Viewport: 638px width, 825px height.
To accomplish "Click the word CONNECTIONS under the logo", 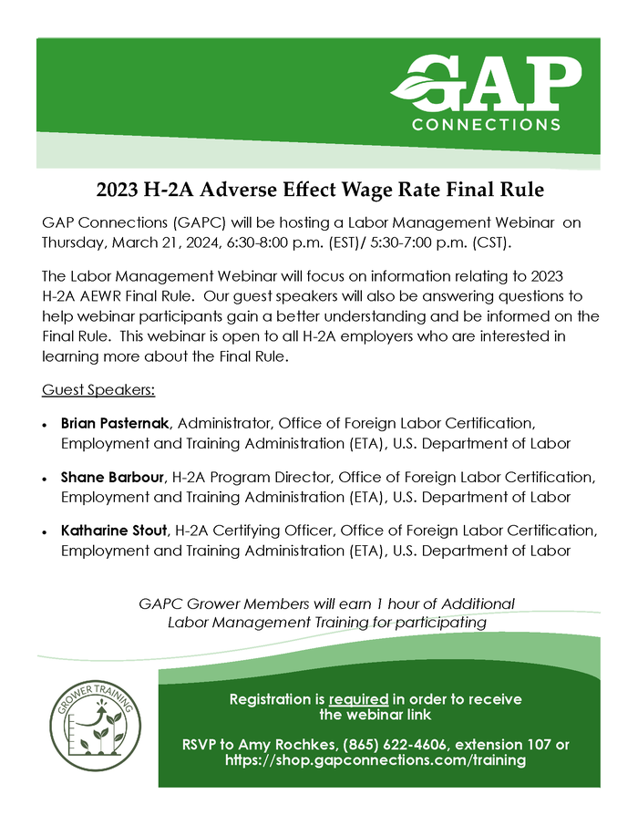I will [486, 124].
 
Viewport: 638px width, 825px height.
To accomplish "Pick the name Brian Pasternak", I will [113, 423].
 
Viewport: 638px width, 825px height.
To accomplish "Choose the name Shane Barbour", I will [111, 476].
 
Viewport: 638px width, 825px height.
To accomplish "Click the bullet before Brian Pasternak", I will [46, 425].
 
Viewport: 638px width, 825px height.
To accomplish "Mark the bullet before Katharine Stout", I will [46, 531].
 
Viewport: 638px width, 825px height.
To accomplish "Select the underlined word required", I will [359, 699].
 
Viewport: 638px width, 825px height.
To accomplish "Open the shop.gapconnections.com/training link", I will [375, 760].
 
